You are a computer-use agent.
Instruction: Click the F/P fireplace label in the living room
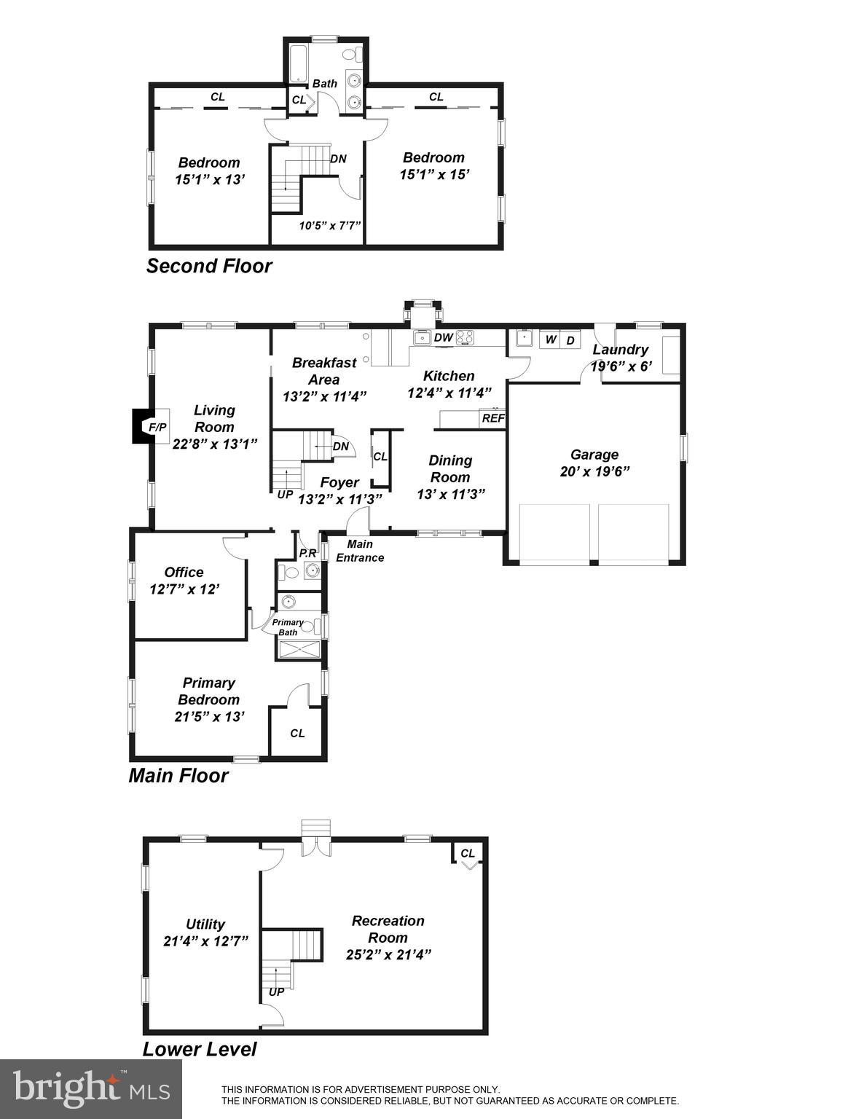(157, 427)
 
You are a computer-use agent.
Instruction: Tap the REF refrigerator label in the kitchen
(493, 418)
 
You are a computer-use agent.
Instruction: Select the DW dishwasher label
(443, 337)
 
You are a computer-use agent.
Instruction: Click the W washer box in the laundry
(551, 339)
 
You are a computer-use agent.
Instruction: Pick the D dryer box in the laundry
(570, 339)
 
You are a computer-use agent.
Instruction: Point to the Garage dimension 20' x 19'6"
(594, 471)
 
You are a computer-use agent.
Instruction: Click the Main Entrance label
(360, 551)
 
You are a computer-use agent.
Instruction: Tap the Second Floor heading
(209, 266)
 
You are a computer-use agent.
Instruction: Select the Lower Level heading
(199, 1049)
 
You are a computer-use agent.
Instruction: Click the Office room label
(184, 572)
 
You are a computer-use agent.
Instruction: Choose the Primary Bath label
(288, 627)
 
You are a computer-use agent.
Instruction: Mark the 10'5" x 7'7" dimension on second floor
(330, 225)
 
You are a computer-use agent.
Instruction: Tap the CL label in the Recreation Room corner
(468, 853)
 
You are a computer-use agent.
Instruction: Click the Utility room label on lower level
(205, 924)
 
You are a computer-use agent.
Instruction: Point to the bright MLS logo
(91, 1088)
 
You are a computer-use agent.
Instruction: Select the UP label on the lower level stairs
(277, 992)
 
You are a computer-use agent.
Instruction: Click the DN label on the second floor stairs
(338, 159)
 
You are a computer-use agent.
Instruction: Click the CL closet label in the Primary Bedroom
(297, 733)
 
